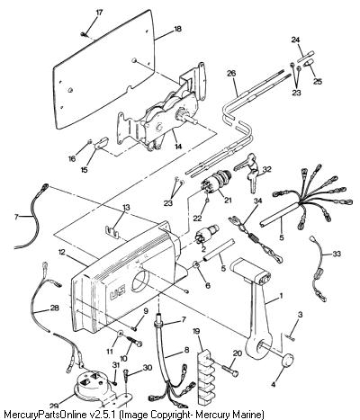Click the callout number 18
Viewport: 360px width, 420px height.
point(177,29)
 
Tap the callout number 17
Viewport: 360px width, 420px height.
point(99,13)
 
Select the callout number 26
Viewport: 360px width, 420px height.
point(231,73)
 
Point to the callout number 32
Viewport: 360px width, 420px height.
point(266,169)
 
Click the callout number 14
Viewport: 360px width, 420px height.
point(178,147)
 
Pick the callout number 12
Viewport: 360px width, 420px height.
point(61,252)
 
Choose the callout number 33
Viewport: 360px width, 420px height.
point(337,254)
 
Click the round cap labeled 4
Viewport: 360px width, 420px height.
point(287,360)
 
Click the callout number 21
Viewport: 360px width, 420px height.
point(228,200)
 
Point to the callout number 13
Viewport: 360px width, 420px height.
point(126,208)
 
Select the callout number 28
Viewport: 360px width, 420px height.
point(55,308)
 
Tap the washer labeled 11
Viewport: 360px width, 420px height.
point(120,333)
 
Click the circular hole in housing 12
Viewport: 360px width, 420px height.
point(139,280)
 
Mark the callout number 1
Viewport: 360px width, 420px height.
point(281,296)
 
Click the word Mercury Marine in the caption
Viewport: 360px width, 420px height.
point(230,415)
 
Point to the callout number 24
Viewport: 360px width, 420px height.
point(295,40)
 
